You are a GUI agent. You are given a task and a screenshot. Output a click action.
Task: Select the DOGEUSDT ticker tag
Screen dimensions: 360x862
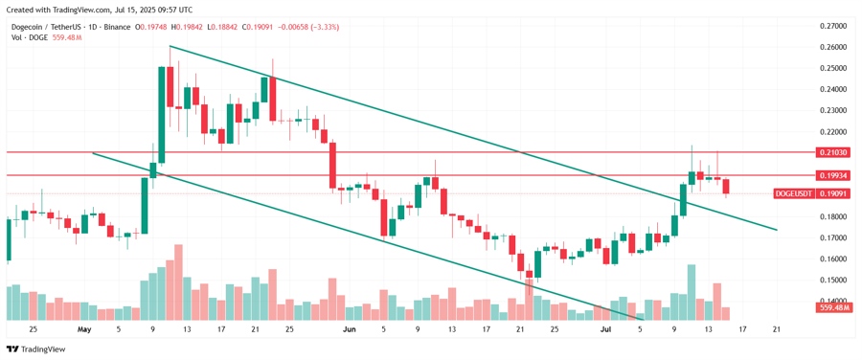coord(794,193)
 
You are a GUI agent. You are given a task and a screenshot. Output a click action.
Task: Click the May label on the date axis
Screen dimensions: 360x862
coord(84,328)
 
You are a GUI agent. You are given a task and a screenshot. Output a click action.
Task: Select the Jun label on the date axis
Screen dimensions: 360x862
coord(349,328)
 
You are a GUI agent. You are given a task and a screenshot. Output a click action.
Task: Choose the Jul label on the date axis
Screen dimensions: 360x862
coord(604,328)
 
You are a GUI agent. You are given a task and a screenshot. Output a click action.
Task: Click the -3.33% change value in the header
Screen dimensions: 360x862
coord(323,27)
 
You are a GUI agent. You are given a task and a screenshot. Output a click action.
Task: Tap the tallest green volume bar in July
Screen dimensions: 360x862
coord(691,292)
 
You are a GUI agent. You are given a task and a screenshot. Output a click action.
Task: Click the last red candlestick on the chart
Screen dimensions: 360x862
coord(726,187)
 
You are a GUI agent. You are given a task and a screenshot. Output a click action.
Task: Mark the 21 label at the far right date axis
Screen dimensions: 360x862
coord(776,328)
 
